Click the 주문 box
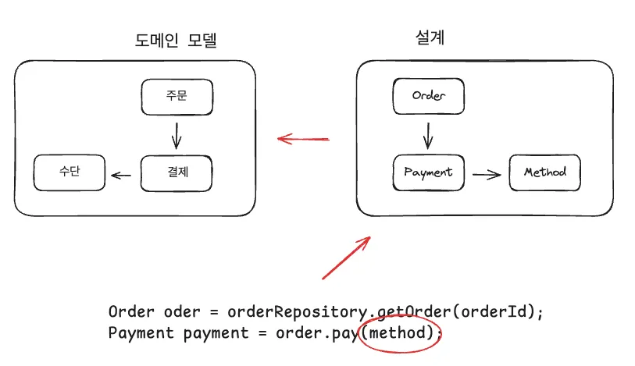point(177,96)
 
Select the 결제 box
point(177,172)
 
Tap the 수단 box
point(70,172)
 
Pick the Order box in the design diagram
point(428,96)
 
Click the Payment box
point(428,172)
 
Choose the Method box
point(544,172)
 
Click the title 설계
point(427,37)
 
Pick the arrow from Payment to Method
point(487,173)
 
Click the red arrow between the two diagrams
point(304,140)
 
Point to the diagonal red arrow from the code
point(347,258)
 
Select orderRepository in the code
point(297,312)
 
